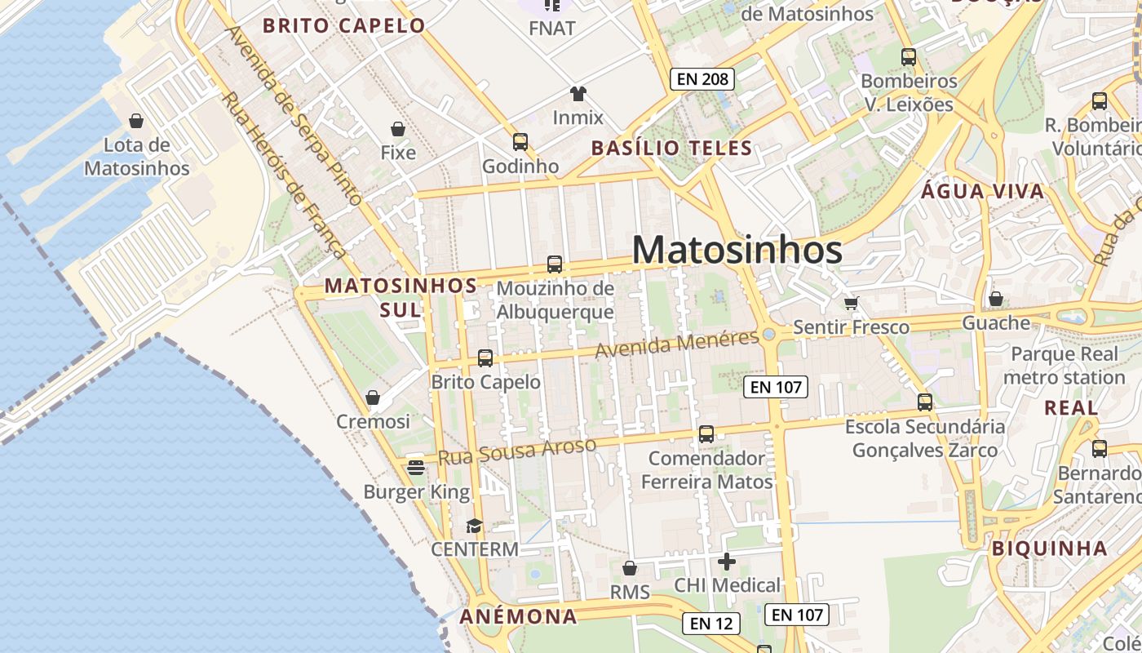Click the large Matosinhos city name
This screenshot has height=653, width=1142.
point(737,250)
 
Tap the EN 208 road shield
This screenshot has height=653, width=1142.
point(702,79)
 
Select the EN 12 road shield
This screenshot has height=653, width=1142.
point(711,624)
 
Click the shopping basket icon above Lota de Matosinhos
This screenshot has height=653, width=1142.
point(136,121)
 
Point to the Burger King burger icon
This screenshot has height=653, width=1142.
point(416,468)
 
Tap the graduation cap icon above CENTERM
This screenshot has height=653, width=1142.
point(474,525)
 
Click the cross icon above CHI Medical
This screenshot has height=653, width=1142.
point(727,562)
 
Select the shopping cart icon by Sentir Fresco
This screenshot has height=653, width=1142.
point(852,303)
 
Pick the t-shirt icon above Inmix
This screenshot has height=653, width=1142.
point(578,93)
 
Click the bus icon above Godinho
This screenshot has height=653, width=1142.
point(520,142)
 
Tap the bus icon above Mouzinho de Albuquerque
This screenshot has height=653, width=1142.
point(555,264)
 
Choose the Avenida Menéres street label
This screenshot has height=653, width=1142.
point(677,344)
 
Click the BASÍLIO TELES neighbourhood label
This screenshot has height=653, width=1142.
point(671,148)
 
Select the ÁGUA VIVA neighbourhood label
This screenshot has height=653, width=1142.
point(982,192)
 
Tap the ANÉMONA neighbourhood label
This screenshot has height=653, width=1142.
point(519,616)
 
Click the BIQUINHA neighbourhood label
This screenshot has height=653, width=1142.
point(1050,549)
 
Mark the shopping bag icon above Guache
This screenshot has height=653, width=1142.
point(995,299)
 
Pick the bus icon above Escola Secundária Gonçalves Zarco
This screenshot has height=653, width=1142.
point(925,402)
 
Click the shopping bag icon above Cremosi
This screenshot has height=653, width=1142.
point(373,398)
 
